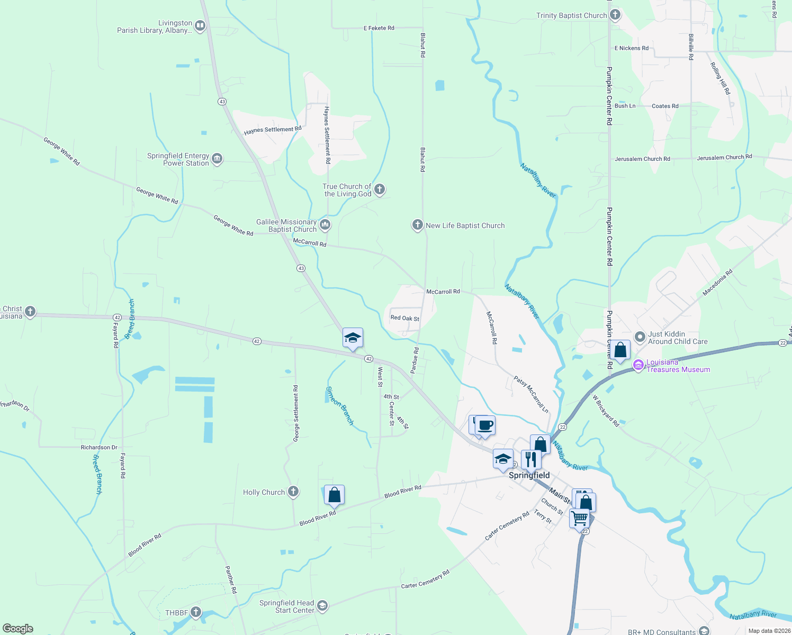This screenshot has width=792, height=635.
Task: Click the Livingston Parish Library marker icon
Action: [x=200, y=25]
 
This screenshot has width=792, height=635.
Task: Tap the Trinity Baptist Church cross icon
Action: [x=615, y=15]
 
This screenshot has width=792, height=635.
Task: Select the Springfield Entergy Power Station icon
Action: [x=217, y=158]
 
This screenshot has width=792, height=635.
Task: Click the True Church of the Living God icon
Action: [x=379, y=189]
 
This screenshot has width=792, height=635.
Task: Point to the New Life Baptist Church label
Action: [x=465, y=225]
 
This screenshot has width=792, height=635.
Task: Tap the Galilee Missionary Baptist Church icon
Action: [x=325, y=225]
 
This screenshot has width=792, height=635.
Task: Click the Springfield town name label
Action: [x=529, y=475]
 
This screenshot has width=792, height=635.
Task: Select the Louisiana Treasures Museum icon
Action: [x=638, y=365]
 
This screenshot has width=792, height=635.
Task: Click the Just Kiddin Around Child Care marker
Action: [x=640, y=337]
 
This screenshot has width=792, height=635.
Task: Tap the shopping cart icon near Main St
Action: [x=579, y=518]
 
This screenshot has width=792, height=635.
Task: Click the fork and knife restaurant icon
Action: [x=530, y=459]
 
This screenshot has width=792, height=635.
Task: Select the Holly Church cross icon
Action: [x=293, y=492]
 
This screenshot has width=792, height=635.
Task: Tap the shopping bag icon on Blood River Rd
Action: [x=334, y=495]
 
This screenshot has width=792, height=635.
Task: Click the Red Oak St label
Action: [x=404, y=319]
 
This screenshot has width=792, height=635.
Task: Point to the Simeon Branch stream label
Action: [x=339, y=405]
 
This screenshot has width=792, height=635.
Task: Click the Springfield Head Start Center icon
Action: [x=322, y=606]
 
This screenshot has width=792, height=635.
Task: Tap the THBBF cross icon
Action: [x=196, y=612]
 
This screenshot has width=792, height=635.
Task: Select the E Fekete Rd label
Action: [x=379, y=28]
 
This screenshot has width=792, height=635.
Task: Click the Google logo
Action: [x=18, y=628]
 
